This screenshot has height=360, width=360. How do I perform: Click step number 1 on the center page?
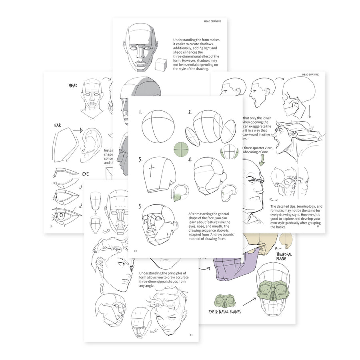(140, 112)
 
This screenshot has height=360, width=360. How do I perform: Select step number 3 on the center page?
(140, 159)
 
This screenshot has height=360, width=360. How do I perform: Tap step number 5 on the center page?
(140, 206)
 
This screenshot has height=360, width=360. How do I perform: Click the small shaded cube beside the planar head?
(160, 64)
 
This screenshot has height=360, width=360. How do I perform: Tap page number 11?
(191, 335)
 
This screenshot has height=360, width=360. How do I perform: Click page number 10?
(136, 251)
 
